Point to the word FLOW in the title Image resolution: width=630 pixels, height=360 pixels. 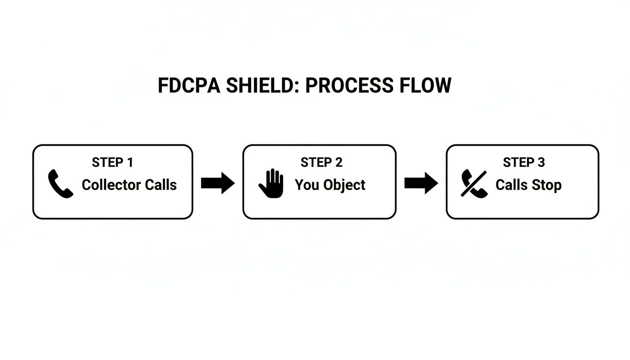pos(425,86)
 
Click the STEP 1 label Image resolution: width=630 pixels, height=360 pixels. pos(112,163)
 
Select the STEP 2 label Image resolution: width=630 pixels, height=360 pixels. pos(322,163)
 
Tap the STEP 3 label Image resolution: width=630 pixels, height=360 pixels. pos(524,163)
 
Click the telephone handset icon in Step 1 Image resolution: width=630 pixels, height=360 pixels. pos(60,184)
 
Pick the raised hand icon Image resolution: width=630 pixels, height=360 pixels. pos(272,183)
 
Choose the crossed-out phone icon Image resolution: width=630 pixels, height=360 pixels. pos(474,184)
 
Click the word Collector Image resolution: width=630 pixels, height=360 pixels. pos(112,185)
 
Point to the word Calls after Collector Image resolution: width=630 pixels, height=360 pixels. pos(161,185)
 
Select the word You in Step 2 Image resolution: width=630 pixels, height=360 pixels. pos(307,185)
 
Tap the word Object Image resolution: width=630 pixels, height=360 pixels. pos(344,185)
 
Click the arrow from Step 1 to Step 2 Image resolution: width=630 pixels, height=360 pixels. pos(217,183)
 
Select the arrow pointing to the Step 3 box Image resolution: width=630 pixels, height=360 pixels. pos(421,183)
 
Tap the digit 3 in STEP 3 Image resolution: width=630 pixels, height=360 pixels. pos(541,163)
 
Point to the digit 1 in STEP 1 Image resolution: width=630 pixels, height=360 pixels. pos(130,163)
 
